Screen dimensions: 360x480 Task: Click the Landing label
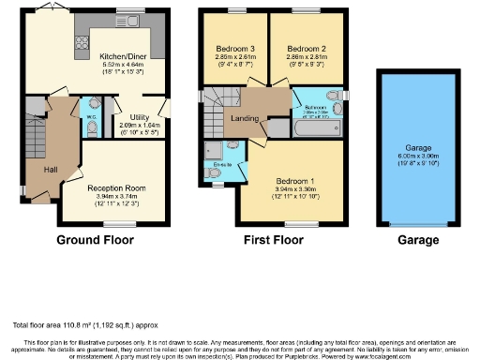[246, 118]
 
